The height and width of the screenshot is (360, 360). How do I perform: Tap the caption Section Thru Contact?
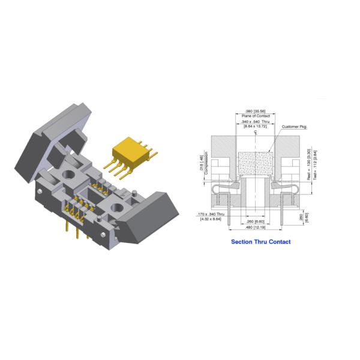coord(261,242)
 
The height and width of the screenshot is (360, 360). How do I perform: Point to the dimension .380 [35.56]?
coord(257,112)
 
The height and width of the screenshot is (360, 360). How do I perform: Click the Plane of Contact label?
coord(257,116)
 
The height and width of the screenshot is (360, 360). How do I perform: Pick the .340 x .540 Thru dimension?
coord(257,122)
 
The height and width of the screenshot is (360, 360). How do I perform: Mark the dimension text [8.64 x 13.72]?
coord(257,127)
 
